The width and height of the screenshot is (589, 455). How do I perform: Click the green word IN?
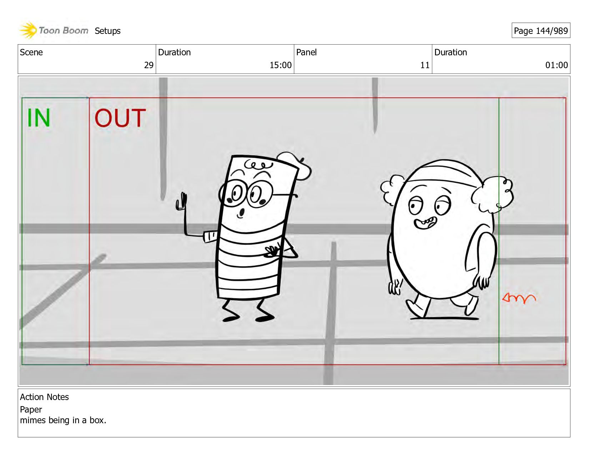click(39, 118)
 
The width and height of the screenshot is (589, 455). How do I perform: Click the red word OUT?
click(120, 118)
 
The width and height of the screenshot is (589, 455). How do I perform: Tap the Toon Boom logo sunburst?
click(28, 30)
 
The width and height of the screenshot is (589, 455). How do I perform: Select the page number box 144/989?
click(541, 30)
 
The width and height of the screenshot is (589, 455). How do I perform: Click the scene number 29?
click(148, 65)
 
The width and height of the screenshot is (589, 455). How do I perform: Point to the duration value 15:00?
click(281, 65)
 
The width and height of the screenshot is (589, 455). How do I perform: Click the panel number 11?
click(425, 65)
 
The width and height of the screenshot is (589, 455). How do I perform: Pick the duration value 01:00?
click(557, 65)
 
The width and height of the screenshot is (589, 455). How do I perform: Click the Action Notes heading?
click(45, 397)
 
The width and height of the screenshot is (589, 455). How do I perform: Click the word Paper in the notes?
click(31, 409)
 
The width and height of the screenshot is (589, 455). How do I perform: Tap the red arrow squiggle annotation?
click(519, 298)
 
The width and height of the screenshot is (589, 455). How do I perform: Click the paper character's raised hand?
click(181, 202)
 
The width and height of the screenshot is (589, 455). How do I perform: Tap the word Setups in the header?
click(107, 31)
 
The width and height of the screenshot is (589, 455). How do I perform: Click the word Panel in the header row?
click(306, 52)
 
